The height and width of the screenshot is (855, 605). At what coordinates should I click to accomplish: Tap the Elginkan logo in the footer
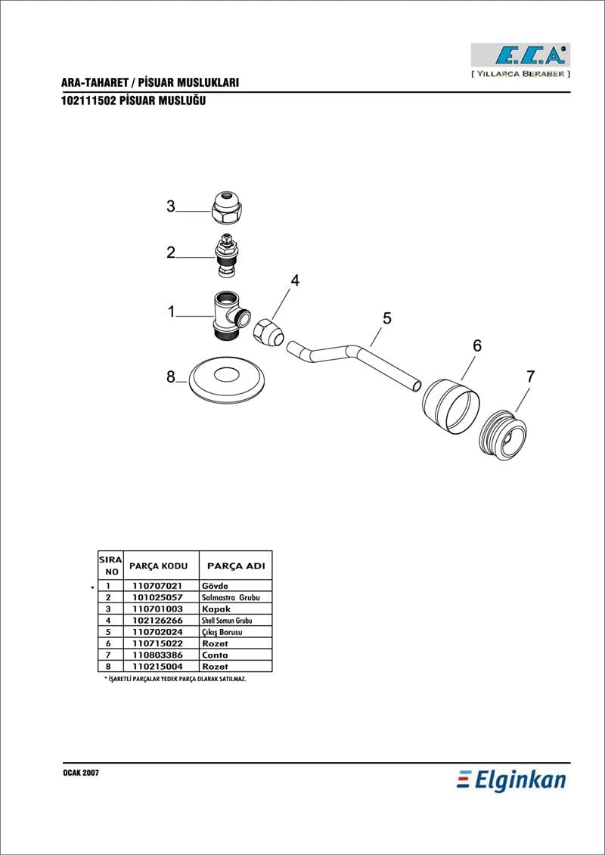(x=511, y=779)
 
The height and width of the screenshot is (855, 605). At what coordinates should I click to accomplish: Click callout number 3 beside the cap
(x=171, y=206)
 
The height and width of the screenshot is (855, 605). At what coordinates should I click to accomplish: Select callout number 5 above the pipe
(x=387, y=318)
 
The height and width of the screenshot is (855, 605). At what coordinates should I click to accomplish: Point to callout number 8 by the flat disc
(x=171, y=376)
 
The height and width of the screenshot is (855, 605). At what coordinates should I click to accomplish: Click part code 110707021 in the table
(x=157, y=586)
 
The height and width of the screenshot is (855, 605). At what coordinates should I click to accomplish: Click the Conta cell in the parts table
(x=215, y=655)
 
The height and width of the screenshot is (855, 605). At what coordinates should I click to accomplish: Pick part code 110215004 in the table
(x=157, y=667)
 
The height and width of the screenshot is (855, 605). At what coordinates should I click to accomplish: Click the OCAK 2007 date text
(x=80, y=774)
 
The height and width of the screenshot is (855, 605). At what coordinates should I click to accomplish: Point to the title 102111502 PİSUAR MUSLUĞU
(x=132, y=101)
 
